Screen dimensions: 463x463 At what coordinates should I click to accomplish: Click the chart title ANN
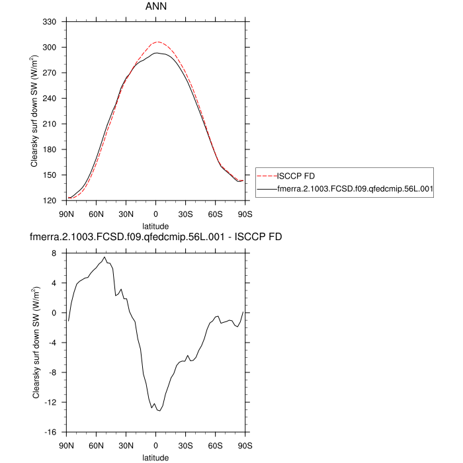pos(155,7)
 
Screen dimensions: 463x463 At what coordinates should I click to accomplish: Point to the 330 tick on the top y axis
pos(54,22)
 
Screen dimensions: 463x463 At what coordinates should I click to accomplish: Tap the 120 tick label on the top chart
pos(54,200)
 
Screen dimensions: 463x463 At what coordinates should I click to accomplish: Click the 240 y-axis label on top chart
pos(54,99)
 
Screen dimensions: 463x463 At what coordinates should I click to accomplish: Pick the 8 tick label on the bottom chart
pos(58,253)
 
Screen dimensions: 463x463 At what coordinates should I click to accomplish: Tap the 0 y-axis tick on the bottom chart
pos(58,313)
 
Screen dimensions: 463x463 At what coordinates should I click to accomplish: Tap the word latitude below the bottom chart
pos(155,457)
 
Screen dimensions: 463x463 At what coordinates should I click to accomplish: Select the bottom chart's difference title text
pos(155,237)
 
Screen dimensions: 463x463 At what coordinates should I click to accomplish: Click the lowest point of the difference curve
pos(159,411)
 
